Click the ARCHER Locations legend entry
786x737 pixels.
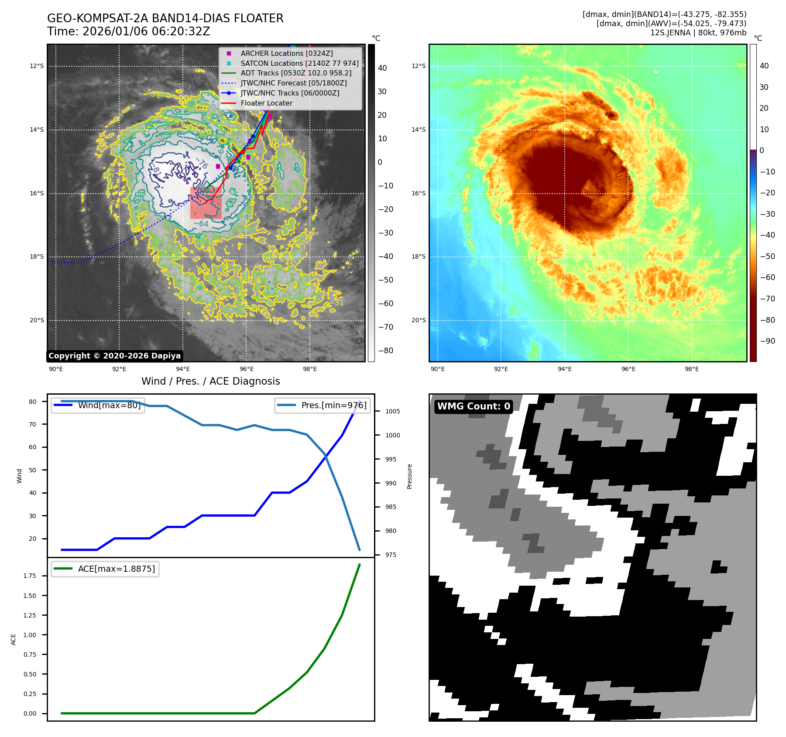pyautogui.click(x=286, y=53)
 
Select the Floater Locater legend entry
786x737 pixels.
pyautogui.click(x=266, y=103)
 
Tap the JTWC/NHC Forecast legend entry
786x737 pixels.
pyautogui.click(x=293, y=83)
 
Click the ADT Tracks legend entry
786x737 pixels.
pyautogui.click(x=296, y=73)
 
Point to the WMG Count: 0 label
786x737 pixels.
pyautogui.click(x=474, y=406)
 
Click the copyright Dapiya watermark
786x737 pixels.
pyautogui.click(x=114, y=356)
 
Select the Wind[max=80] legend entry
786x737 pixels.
pyautogui.click(x=109, y=405)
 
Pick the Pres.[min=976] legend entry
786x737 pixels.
pyautogui.click(x=334, y=405)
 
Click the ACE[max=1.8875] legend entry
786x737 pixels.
pyautogui.click(x=116, y=569)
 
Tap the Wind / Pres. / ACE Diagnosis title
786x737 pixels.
pyautogui.click(x=211, y=381)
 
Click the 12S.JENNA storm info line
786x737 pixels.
pyautogui.click(x=698, y=33)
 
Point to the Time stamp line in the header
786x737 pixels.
pyautogui.click(x=129, y=31)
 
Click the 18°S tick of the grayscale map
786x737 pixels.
pyautogui.click(x=37, y=256)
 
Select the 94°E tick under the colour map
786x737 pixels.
pyautogui.click(x=564, y=369)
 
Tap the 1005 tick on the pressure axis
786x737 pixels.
pyautogui.click(x=392, y=411)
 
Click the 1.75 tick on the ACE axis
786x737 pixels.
pyautogui.click(x=30, y=576)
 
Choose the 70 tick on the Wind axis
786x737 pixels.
pyautogui.click(x=33, y=424)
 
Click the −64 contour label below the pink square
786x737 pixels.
pyautogui.click(x=201, y=224)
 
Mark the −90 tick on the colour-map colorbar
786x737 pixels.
pyautogui.click(x=767, y=341)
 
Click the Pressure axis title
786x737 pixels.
pyautogui.click(x=409, y=476)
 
